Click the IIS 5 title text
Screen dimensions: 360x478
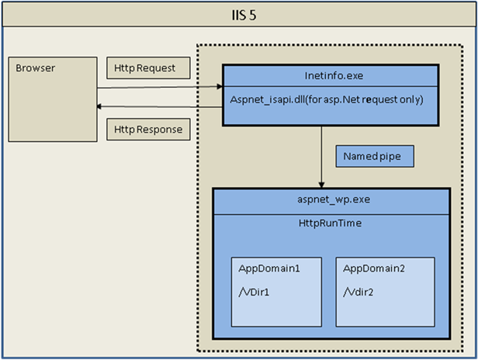point(238,15)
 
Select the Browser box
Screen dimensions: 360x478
point(52,99)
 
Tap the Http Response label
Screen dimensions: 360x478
point(147,129)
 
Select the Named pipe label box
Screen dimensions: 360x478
point(374,157)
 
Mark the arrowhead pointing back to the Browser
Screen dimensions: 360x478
point(100,107)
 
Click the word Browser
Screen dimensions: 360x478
point(36,68)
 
